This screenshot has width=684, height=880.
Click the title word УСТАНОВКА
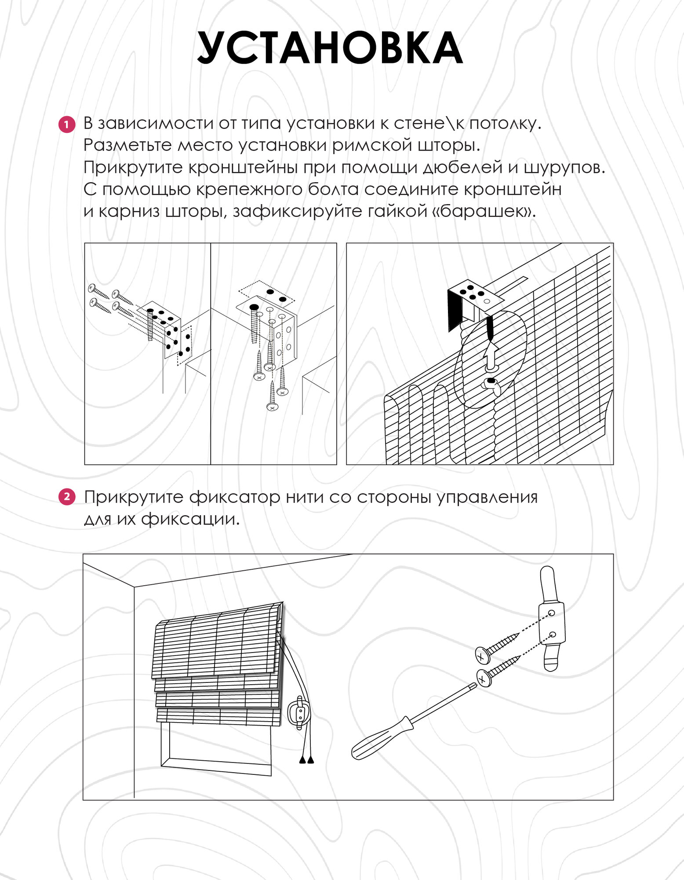[x=330, y=49]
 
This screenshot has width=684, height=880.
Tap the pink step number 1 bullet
[x=67, y=125]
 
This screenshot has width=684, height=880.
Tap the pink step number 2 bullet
[x=67, y=498]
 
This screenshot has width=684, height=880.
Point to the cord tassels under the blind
[x=306, y=760]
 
